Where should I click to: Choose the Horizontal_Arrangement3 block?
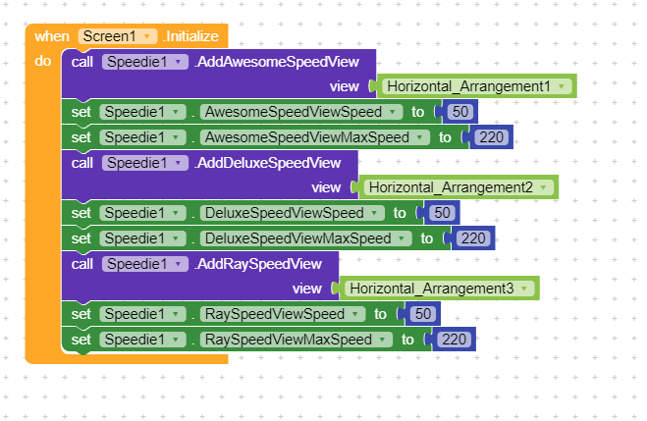tap(439, 288)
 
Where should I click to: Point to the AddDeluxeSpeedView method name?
tap(267, 162)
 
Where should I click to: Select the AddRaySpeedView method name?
tap(258, 263)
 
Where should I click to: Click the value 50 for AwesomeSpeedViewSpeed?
tap(460, 112)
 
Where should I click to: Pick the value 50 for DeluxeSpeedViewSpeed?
tap(443, 212)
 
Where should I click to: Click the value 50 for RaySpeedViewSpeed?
tap(423, 314)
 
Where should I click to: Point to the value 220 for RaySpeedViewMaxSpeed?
tap(452, 339)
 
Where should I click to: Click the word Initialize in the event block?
tap(192, 36)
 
